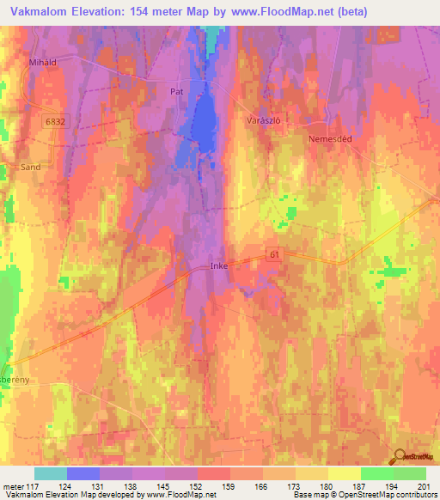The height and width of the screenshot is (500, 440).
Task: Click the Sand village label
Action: (30, 168)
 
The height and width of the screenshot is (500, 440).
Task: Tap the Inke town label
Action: (219, 266)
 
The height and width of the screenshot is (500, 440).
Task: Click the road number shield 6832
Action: (56, 123)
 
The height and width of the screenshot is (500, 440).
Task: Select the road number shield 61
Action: (274, 254)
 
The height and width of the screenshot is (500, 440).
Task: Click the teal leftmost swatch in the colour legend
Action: (50, 473)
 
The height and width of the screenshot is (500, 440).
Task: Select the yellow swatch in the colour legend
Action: (344, 473)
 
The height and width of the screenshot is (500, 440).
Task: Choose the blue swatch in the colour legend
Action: (82, 473)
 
